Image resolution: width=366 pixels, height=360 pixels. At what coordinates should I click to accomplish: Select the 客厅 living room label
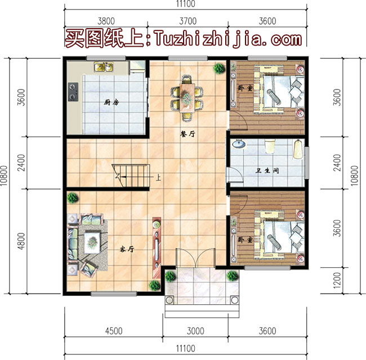[126, 249]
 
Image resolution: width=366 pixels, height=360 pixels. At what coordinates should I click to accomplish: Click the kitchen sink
[104, 67]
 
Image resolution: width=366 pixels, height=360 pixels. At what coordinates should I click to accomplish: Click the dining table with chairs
[186, 93]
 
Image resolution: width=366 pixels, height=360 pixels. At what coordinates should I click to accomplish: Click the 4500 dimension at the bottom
[114, 331]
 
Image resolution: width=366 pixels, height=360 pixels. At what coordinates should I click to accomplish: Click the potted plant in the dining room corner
[217, 68]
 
